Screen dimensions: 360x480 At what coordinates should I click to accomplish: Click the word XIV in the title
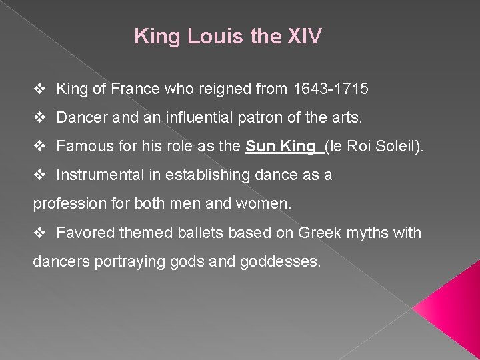pos(303,36)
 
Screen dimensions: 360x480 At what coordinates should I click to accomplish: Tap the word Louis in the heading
pos(205,36)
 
